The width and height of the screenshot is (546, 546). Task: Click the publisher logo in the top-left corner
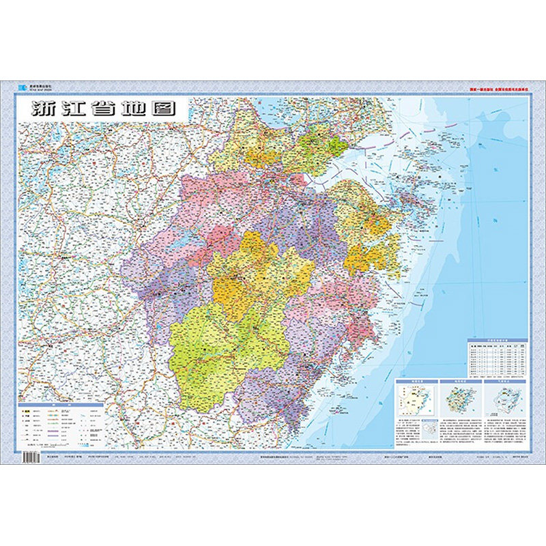[x=21, y=87]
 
